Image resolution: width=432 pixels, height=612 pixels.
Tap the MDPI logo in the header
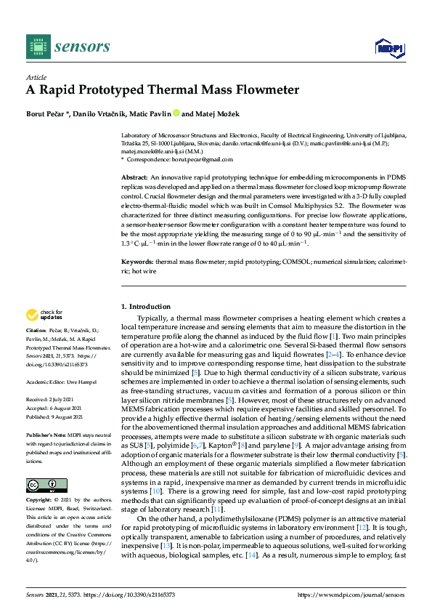click(388, 49)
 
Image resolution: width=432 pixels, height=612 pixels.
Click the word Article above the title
click(36, 77)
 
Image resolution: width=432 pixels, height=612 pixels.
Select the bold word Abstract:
click(134, 177)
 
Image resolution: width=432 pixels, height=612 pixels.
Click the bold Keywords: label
click(137, 260)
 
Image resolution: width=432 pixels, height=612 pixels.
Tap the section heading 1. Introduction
click(146, 307)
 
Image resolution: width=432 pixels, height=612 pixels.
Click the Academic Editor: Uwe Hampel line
click(62, 381)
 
